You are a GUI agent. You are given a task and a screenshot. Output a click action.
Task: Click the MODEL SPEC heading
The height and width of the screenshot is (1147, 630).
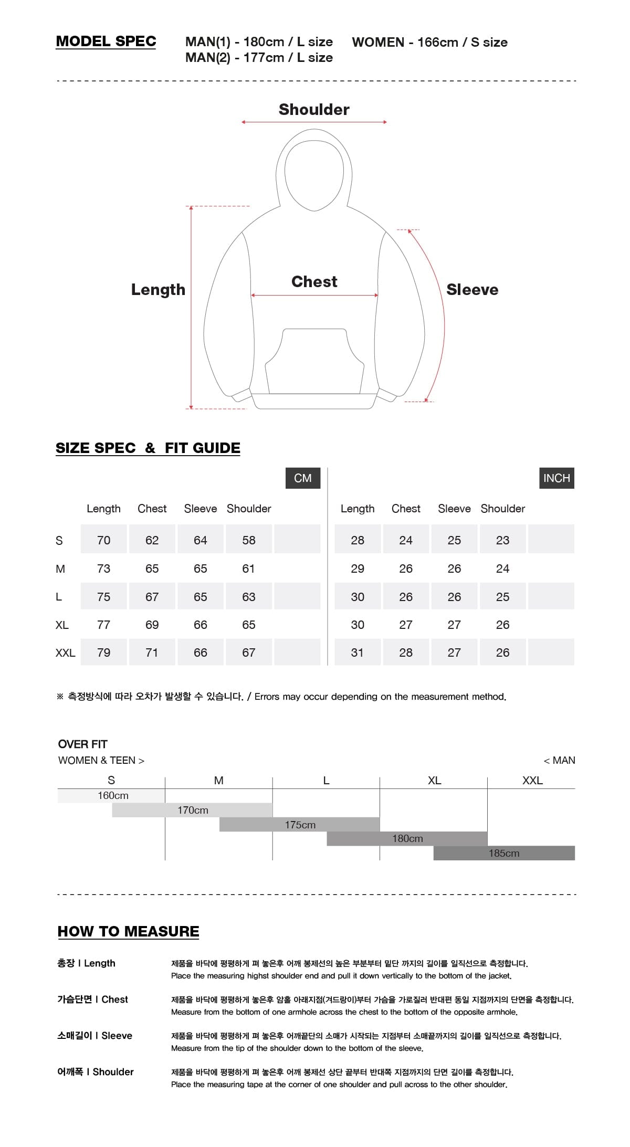tap(106, 41)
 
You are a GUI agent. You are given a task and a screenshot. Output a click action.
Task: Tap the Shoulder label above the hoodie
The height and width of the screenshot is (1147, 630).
tap(314, 109)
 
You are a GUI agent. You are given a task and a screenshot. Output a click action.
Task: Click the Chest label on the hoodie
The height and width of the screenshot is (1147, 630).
tap(314, 281)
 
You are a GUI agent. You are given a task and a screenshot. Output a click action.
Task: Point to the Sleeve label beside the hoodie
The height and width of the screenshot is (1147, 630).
tap(472, 289)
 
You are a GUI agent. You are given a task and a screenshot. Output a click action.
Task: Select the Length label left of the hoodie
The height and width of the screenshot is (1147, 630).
tap(158, 289)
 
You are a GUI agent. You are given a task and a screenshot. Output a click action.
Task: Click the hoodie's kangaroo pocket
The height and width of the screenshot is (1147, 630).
tap(314, 362)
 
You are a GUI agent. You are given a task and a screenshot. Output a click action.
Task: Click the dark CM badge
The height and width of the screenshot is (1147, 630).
tap(303, 478)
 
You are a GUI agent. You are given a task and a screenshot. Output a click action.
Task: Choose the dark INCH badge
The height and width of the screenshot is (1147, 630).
tap(556, 478)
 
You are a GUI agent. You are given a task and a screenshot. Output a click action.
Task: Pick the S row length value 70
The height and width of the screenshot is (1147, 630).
tap(103, 540)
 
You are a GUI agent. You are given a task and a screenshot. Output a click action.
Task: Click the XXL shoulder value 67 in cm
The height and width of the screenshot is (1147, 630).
tap(249, 653)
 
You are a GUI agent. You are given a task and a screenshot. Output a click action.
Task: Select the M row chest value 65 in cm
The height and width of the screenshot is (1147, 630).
tap(152, 569)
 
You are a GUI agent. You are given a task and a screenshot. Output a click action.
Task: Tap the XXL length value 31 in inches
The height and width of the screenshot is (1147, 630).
tap(357, 653)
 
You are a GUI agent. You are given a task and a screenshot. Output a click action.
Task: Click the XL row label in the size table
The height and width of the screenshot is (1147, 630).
tap(62, 625)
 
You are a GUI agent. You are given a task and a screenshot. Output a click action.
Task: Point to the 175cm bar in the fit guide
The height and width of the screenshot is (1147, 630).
tap(300, 825)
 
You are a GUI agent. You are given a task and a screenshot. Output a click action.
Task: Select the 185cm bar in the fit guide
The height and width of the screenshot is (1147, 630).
tap(504, 853)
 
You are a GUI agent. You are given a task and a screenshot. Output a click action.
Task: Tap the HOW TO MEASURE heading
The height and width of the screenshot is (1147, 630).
tap(128, 931)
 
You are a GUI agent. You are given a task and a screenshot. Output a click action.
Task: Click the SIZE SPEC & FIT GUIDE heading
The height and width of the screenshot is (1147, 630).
tap(148, 448)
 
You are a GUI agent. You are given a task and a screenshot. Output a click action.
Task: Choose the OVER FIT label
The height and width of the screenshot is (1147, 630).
tap(83, 744)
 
